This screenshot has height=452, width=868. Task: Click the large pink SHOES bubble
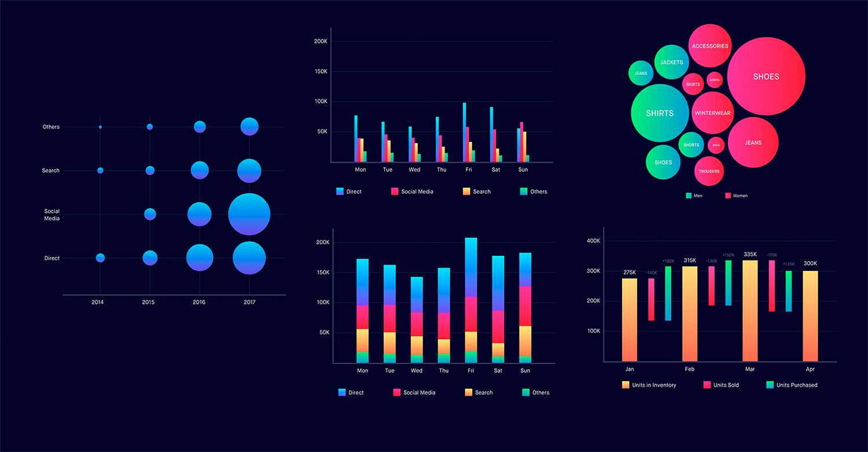point(766,76)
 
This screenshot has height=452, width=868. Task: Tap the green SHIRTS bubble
point(660,113)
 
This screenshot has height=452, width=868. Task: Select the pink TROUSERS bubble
point(709,171)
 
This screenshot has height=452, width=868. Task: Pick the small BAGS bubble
point(716,145)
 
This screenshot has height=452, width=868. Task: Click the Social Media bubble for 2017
point(249,214)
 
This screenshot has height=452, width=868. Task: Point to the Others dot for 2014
point(100,127)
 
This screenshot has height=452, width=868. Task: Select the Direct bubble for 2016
point(200,258)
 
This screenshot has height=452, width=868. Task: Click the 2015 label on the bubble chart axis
point(148,303)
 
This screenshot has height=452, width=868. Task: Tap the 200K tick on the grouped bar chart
point(321,42)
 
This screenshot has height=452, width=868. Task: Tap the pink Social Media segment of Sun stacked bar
point(525,306)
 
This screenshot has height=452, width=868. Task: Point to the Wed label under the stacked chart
point(417,371)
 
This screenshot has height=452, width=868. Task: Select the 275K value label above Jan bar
point(630,272)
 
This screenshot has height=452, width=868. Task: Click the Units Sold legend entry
point(721,385)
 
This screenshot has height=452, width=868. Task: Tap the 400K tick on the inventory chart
point(593,241)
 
